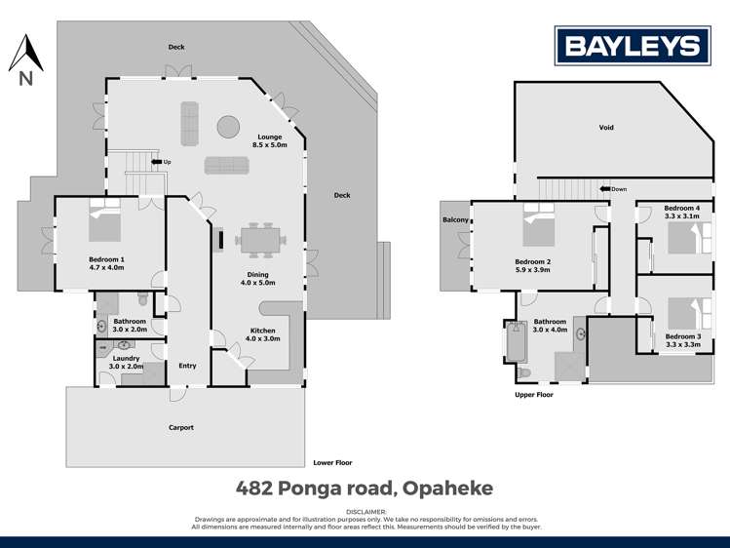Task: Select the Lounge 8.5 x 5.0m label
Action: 270,140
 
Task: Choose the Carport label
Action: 180,427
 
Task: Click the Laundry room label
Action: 126,362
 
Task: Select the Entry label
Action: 187,366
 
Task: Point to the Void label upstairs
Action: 606,128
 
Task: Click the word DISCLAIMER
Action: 365,511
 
